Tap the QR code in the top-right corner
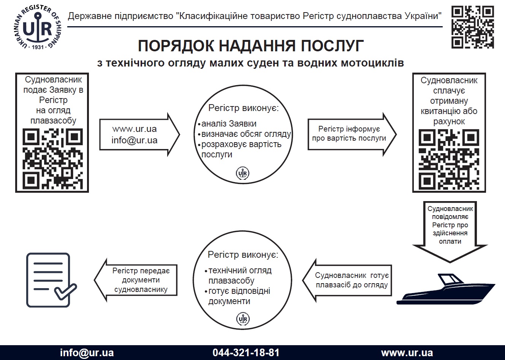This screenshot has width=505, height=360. pyautogui.click(x=472, y=27)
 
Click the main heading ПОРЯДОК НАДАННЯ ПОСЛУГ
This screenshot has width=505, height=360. pyautogui.click(x=251, y=46)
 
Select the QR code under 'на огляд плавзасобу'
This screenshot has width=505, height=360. pyautogui.click(x=52, y=159)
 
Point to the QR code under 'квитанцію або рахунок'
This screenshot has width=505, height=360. pyautogui.click(x=449, y=160)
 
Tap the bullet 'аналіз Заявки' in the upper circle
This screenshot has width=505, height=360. pyautogui.click(x=228, y=124)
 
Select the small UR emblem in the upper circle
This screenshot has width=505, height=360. pyautogui.click(x=242, y=173)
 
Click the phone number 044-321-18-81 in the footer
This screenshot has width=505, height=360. pyautogui.click(x=246, y=352)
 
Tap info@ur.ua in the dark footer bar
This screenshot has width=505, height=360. pyautogui.click(x=87, y=352)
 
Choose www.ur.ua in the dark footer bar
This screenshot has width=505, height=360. pyautogui.click(x=407, y=352)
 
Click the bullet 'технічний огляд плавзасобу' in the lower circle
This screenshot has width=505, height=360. pyautogui.click(x=239, y=276)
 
